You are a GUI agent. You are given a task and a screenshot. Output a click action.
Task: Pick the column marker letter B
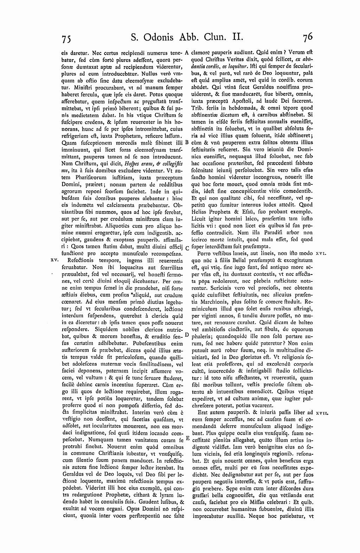(187, 142)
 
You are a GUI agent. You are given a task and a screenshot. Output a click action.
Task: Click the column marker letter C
(187, 248)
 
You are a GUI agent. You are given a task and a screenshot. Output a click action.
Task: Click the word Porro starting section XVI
(205, 253)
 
